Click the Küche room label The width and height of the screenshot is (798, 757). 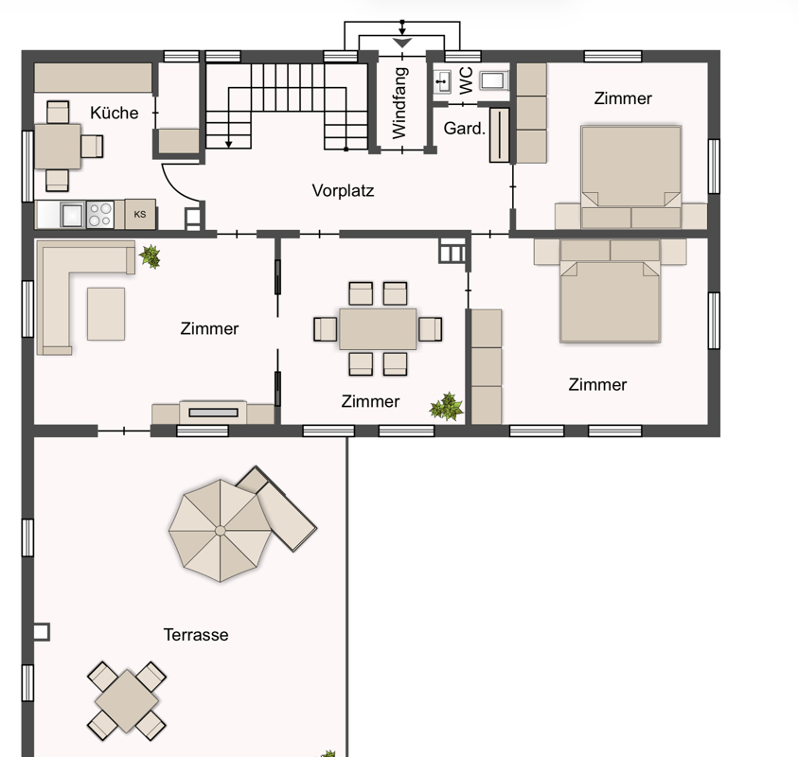(114, 113)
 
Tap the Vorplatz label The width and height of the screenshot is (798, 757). (343, 191)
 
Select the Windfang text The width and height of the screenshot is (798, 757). (400, 103)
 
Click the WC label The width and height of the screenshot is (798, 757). (466, 80)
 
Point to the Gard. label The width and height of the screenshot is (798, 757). (464, 128)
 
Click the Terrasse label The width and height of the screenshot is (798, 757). (196, 635)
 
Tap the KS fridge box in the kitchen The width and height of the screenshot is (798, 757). (140, 214)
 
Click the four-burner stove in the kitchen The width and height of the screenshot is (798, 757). (99, 214)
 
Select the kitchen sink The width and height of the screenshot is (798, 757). (72, 214)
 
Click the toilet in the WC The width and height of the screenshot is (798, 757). (493, 80)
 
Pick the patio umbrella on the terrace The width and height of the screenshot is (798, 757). (220, 531)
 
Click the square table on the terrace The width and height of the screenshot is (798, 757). (126, 700)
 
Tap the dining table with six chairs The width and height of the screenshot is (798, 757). (378, 328)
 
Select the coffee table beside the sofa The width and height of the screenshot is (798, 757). (106, 314)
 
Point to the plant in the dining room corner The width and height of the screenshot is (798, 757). (446, 407)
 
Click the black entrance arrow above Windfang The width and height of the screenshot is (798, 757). (402, 43)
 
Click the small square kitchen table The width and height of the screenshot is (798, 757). (58, 147)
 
